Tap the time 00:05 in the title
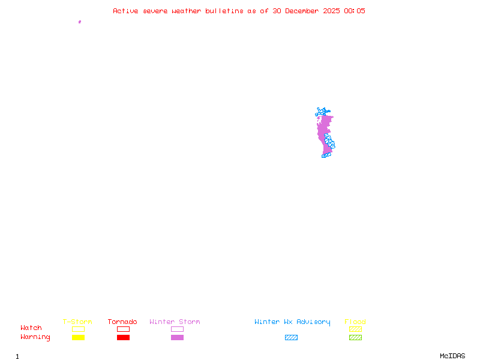[355, 11]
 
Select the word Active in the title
[125, 11]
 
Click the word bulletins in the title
[224, 11]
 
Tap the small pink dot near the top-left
[80, 22]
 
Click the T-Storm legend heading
[77, 322]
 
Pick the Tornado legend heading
[122, 322]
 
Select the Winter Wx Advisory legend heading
[292, 322]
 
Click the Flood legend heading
[355, 322]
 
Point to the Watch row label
[31, 328]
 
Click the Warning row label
[35, 337]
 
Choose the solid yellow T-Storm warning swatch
[78, 338]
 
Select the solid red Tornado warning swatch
[123, 338]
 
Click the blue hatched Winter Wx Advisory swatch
[291, 338]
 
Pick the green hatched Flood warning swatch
[355, 338]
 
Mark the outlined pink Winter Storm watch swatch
[177, 329]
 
